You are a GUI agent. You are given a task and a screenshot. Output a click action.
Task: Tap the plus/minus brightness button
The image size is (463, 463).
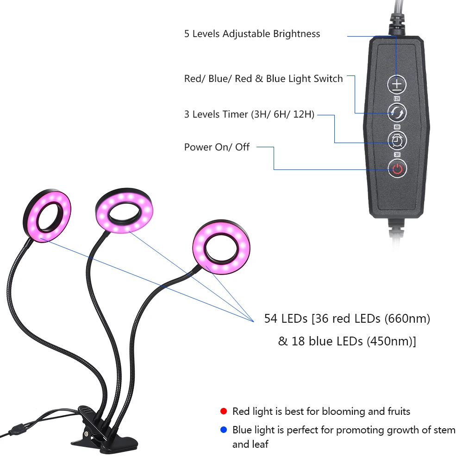(397, 84)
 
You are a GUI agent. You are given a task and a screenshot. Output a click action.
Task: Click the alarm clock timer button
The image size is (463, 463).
(397, 139)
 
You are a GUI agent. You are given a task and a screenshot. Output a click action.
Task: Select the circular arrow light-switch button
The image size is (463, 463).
(397, 112)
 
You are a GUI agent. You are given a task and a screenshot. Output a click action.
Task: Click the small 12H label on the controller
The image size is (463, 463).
(397, 99)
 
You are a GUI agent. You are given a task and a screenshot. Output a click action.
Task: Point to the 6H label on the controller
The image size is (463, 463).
(397, 126)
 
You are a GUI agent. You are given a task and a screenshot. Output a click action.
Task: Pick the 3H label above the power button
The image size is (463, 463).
(397, 155)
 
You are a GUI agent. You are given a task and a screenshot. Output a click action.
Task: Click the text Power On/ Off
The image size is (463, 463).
(217, 147)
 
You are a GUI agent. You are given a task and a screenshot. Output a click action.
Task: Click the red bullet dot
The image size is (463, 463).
(224, 411)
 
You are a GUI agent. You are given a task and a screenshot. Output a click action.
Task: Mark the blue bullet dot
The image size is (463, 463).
(224, 430)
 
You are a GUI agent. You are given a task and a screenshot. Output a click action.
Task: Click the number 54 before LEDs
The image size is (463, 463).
(271, 319)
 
